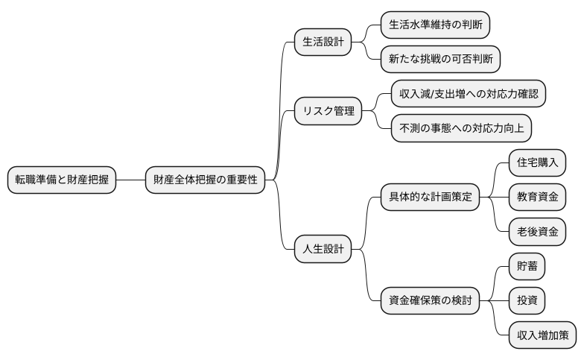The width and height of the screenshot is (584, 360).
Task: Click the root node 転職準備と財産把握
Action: pos(61,180)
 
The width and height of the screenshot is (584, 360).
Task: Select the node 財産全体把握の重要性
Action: pos(206,180)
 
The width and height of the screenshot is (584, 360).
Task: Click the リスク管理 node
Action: pos(328,111)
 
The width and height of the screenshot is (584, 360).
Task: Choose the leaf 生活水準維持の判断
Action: pos(435,25)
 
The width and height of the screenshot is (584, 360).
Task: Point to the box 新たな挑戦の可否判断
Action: pos(440,58)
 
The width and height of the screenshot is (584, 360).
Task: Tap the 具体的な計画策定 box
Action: pos(430,198)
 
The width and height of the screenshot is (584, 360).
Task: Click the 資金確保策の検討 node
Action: pos(430,301)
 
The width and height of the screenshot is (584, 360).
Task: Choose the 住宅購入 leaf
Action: pos(536,162)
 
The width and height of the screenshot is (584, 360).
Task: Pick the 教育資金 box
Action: pos(536,198)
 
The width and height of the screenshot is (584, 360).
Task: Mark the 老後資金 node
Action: pos(536,232)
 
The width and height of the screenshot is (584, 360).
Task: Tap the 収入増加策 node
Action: pos(542,335)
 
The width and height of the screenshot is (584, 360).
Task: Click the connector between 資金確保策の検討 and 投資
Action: pos(494,301)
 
